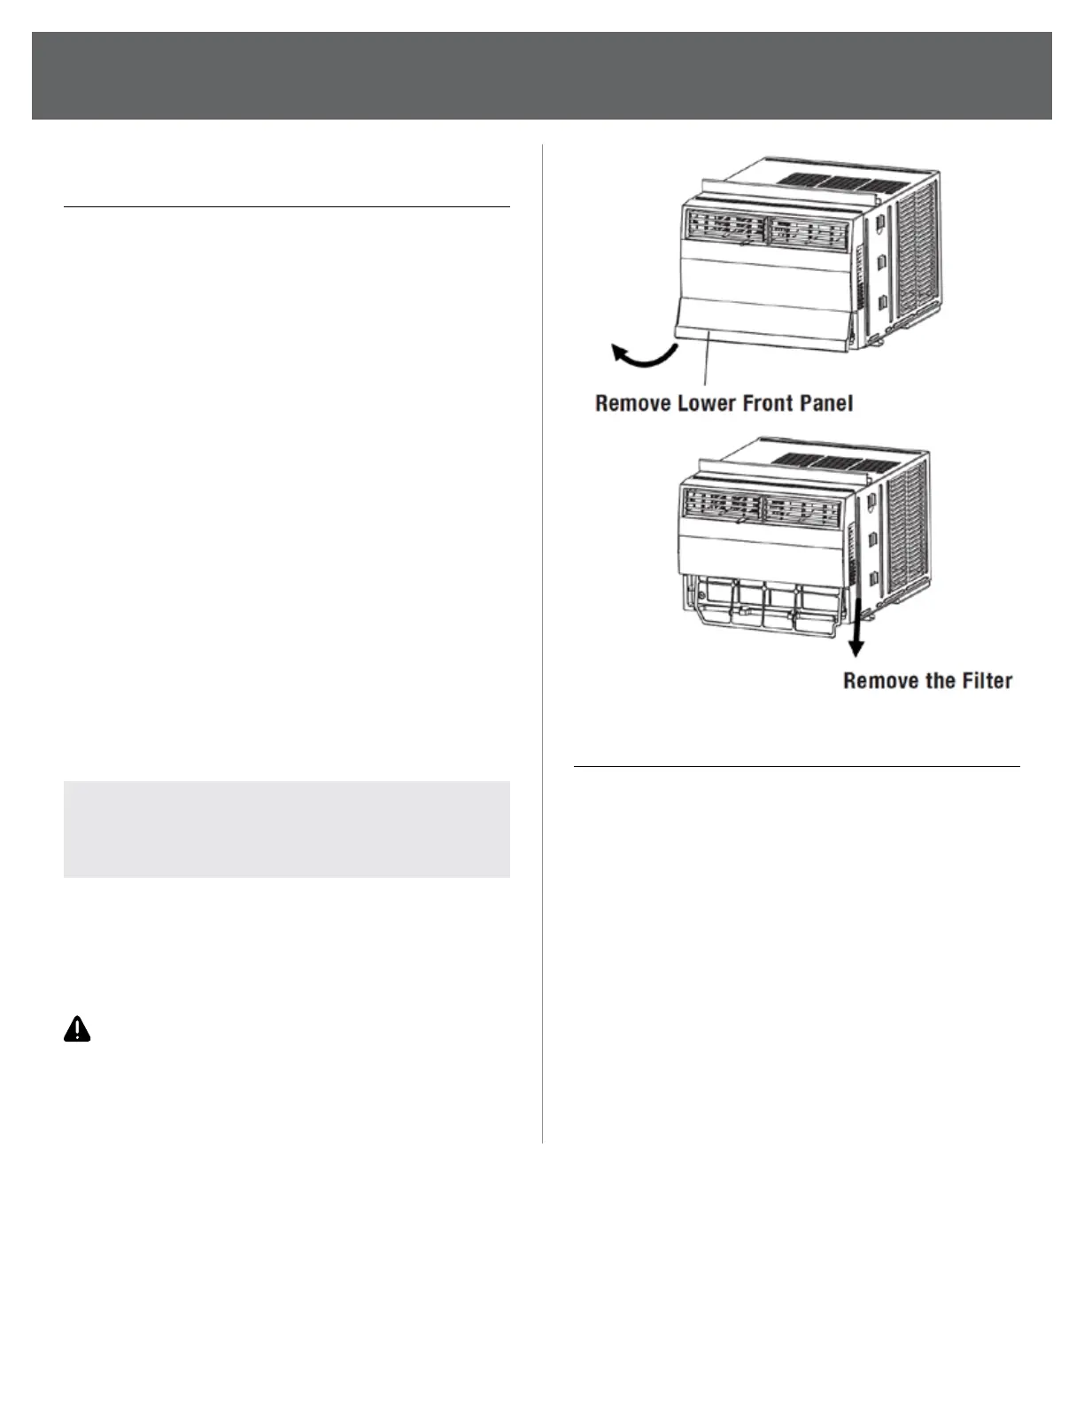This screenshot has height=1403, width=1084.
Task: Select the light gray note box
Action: [286, 829]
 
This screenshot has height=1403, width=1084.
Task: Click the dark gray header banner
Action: [541, 75]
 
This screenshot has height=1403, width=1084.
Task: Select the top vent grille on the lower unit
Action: [832, 461]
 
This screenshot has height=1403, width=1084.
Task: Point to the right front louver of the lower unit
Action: [802, 510]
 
